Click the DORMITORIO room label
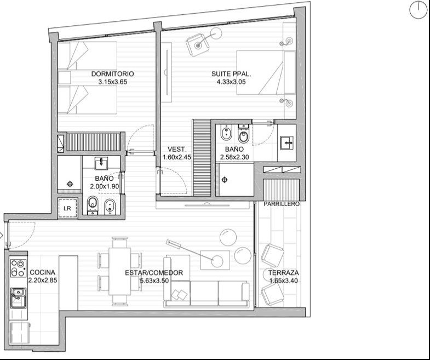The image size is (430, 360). pyautogui.click(x=112, y=74)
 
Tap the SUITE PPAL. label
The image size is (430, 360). pyautogui.click(x=231, y=74)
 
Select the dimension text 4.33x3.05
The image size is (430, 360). pyautogui.click(x=231, y=82)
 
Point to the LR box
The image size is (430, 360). pyautogui.click(x=67, y=208)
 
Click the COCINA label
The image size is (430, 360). pyautogui.click(x=42, y=272)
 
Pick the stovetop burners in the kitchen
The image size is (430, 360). pyautogui.click(x=19, y=268)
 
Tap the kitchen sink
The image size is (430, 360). pyautogui.click(x=19, y=298)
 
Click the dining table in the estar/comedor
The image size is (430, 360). pyautogui.click(x=119, y=271)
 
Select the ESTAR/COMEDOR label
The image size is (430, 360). pyautogui.click(x=154, y=273)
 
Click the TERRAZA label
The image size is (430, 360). pyautogui.click(x=284, y=273)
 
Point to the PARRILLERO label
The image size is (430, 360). pyautogui.click(x=282, y=204)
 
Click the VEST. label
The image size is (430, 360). pyautogui.click(x=177, y=150)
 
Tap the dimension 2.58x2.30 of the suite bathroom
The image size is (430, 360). pyautogui.click(x=234, y=157)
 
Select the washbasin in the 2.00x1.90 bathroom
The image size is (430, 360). pyautogui.click(x=101, y=163)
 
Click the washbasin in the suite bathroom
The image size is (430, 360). pyautogui.click(x=286, y=142)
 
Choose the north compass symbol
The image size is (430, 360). pyautogui.click(x=418, y=10)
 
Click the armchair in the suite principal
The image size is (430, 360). pyautogui.click(x=197, y=45)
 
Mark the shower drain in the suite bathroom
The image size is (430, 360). pyautogui.click(x=225, y=180)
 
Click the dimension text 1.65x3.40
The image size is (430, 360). pyautogui.click(x=284, y=281)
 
